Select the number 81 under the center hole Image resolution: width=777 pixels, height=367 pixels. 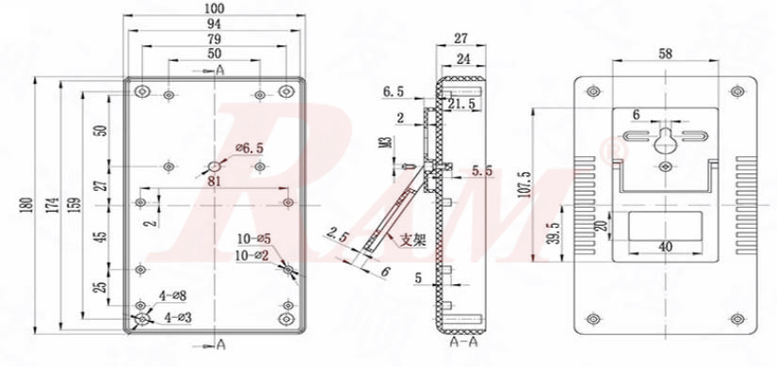pos(215,181)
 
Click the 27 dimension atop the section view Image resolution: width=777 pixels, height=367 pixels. pos(461,39)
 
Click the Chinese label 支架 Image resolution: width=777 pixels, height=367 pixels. pos(413,239)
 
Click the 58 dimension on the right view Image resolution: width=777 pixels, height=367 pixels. pos(664,55)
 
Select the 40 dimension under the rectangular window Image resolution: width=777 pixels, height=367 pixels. pos(664,247)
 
